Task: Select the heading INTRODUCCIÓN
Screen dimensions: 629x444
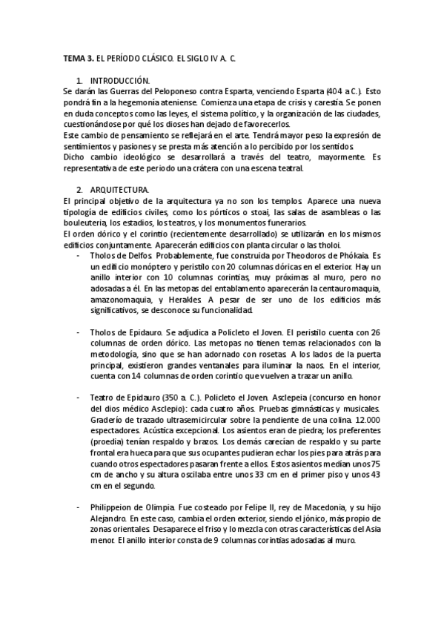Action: pos(119,79)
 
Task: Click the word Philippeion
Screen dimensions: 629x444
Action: pos(110,507)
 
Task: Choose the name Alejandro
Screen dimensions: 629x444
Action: pos(107,518)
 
